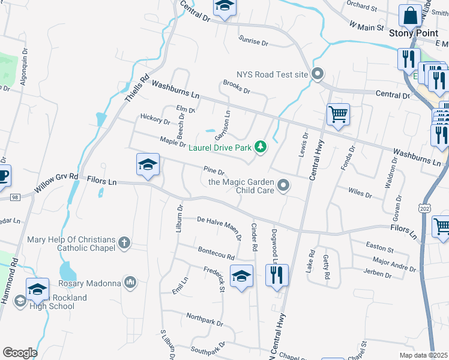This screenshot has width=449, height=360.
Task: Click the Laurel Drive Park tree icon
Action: [x=260, y=147]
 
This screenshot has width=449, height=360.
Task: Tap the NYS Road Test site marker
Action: [x=318, y=74]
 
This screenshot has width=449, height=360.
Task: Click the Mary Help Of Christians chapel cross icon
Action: [x=124, y=242]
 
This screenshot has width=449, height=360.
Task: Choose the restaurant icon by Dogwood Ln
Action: [x=277, y=274]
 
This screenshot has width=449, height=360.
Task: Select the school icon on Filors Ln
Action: [x=148, y=164]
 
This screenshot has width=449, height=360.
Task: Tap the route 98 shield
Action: [x=16, y=197]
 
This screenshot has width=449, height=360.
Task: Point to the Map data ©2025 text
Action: [x=423, y=355]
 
